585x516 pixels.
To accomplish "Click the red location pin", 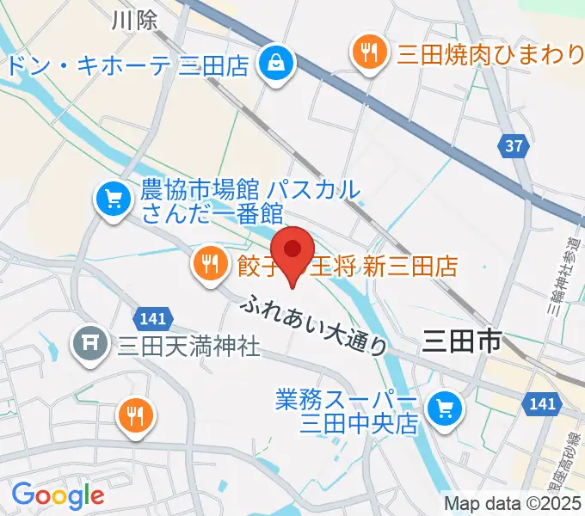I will coord(293,252).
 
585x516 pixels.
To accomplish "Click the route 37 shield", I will coord(514,146).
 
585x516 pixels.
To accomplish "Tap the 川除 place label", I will coord(135,21).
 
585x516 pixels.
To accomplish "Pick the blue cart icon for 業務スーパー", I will coord(445,408).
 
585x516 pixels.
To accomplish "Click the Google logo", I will coord(58,495).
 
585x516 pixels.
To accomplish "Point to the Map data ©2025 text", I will coord(513,502).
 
